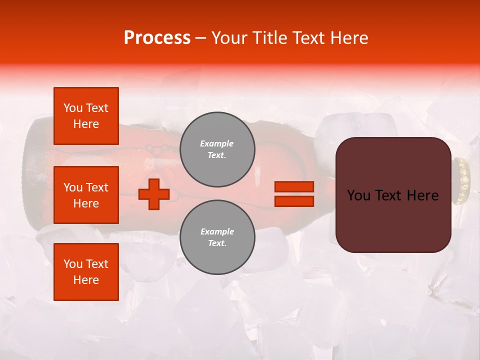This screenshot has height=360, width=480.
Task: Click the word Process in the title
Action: click(x=157, y=38)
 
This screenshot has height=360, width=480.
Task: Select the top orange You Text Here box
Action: click(x=86, y=116)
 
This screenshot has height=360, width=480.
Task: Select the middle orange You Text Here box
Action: click(x=86, y=195)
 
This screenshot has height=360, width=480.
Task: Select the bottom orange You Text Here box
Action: click(x=86, y=272)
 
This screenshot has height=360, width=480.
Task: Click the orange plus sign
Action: click(x=153, y=194)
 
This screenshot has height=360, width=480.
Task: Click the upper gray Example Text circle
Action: click(x=217, y=149)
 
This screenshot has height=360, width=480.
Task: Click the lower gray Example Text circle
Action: click(x=217, y=237)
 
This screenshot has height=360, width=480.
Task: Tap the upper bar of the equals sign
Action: click(x=294, y=187)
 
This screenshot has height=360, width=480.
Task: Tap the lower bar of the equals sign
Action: click(x=294, y=201)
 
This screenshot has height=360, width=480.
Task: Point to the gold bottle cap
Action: click(x=461, y=181)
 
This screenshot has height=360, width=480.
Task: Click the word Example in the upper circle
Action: click(x=216, y=144)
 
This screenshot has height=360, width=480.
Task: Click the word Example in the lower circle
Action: click(x=217, y=232)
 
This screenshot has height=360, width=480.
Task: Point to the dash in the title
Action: click(x=201, y=38)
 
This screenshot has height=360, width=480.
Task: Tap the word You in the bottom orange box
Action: click(x=73, y=264)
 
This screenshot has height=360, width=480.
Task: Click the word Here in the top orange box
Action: click(x=86, y=124)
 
